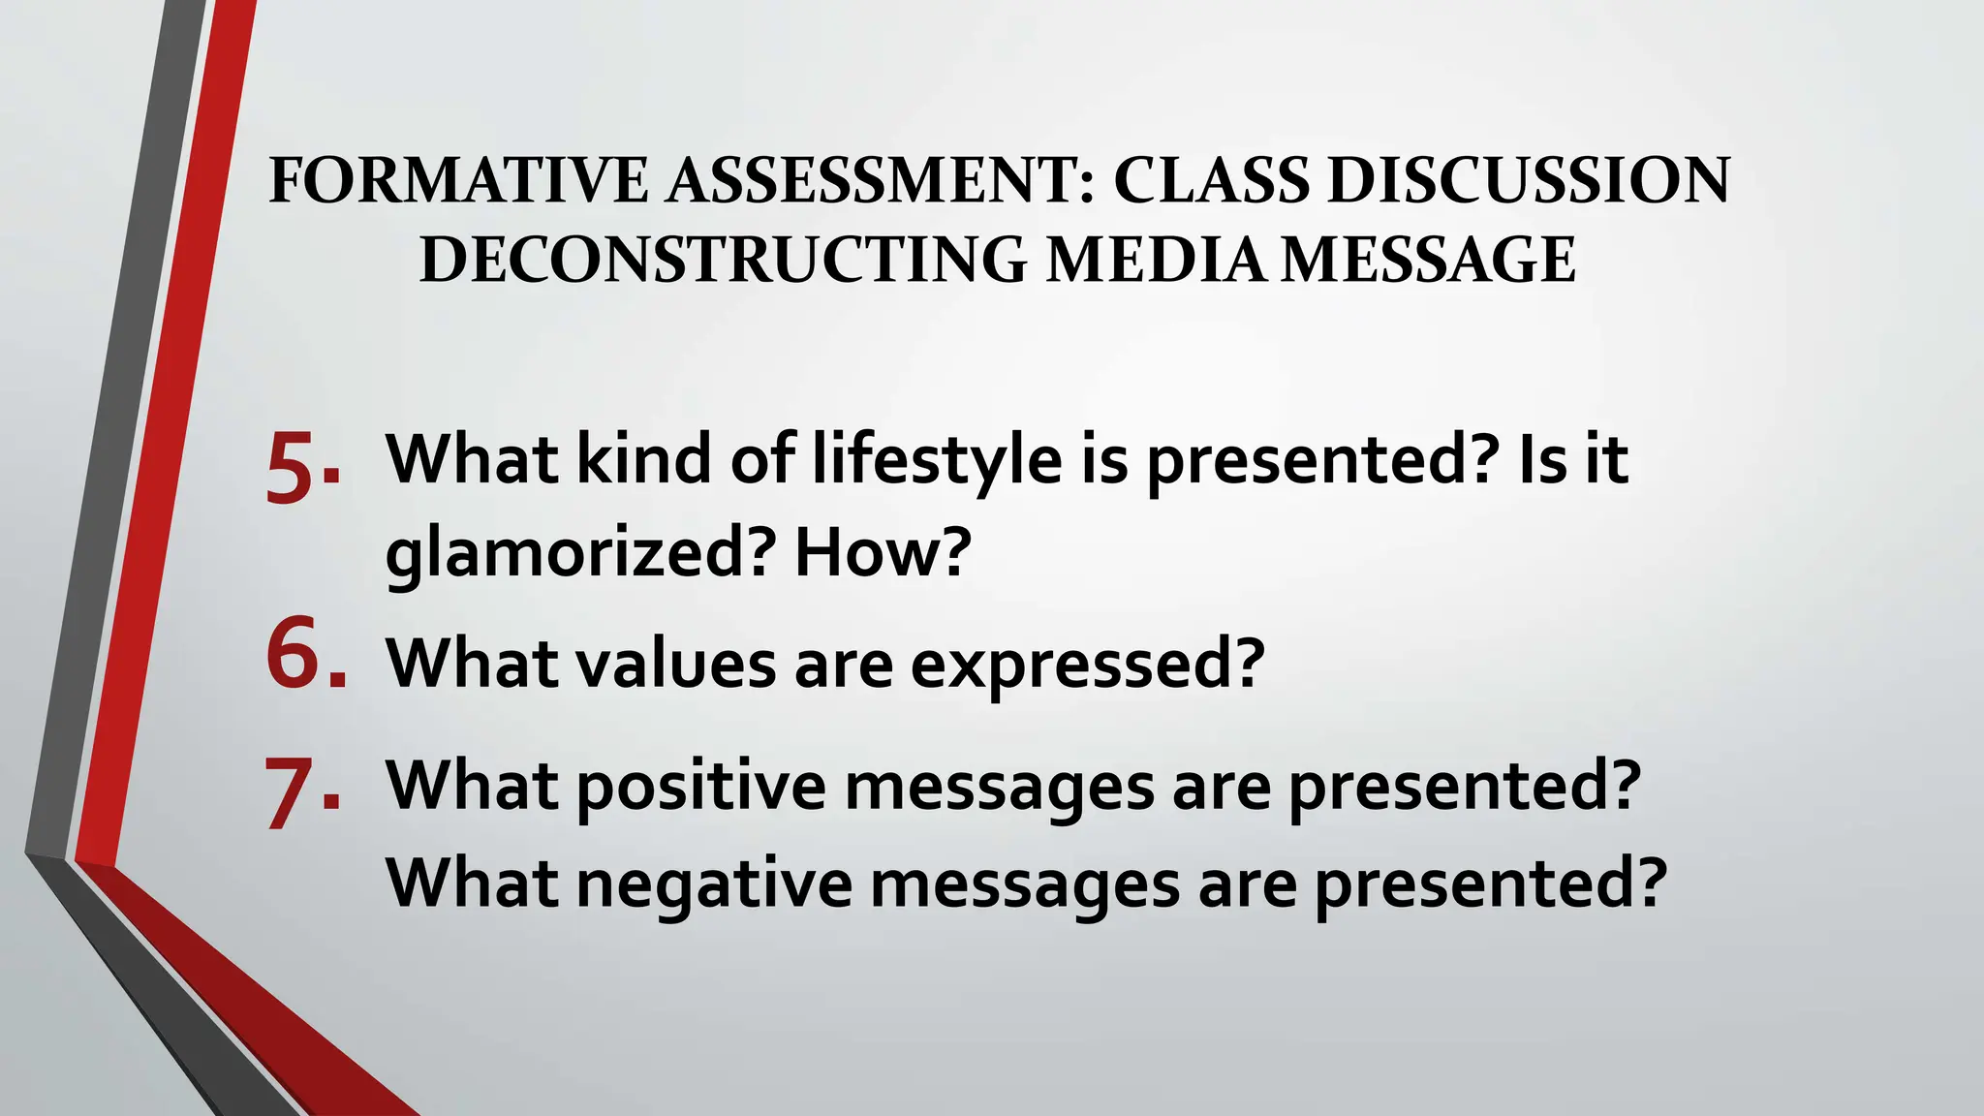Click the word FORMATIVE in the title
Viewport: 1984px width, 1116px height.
coord(458,180)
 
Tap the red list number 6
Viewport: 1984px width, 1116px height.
coord(292,655)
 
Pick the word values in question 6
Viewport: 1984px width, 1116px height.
coord(677,664)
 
